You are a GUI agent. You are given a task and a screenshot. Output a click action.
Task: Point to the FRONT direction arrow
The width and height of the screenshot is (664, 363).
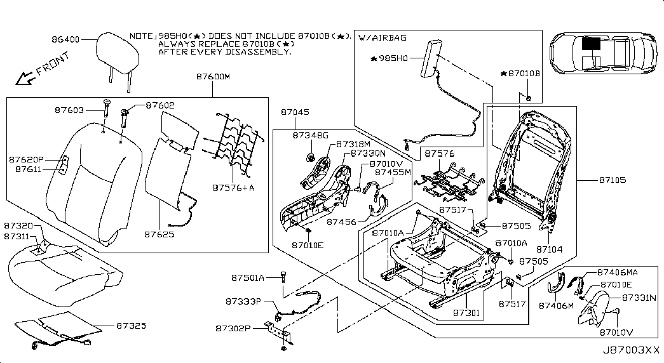click(25, 78)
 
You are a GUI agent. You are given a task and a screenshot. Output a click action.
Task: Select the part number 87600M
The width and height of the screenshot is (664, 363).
click(213, 77)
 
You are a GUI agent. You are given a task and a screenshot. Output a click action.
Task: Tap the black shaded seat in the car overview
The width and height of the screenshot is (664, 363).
click(591, 44)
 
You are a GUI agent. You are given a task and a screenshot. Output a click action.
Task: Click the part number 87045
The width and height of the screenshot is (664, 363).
click(295, 112)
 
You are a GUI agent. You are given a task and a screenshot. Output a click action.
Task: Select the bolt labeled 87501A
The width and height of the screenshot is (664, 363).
click(283, 277)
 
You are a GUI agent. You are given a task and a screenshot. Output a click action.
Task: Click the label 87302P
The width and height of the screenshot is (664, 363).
click(233, 328)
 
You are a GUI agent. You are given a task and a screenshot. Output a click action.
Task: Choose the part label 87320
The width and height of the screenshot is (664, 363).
click(18, 226)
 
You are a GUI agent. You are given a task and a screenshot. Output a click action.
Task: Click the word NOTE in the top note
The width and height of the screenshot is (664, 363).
click(140, 37)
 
